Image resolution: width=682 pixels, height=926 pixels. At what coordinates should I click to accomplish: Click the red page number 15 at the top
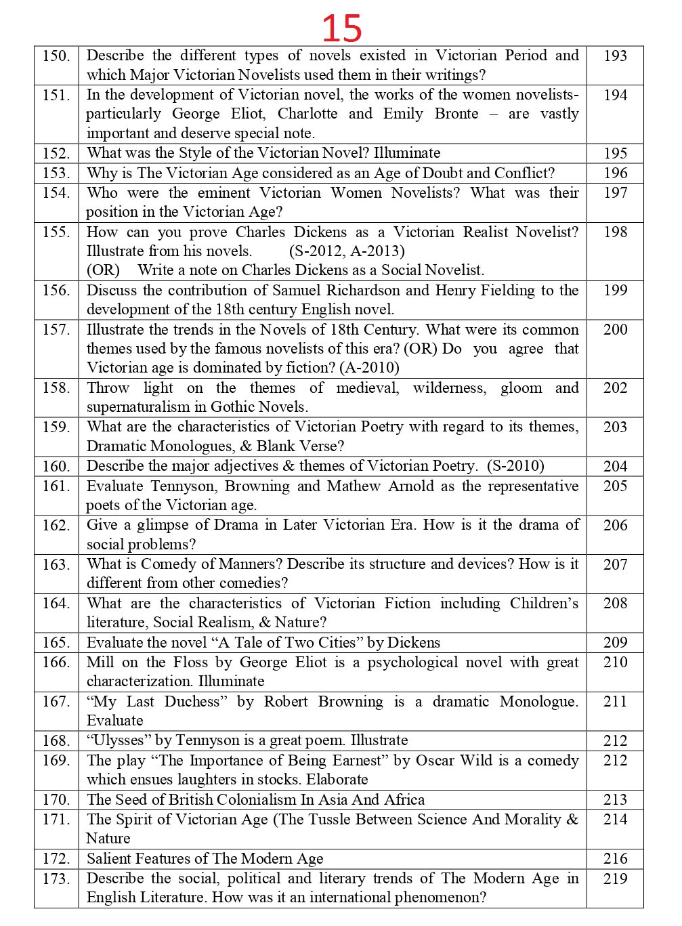pos(341,28)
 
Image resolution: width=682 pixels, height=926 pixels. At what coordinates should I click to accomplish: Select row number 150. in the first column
pos(56,56)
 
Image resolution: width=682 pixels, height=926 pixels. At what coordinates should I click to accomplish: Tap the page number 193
pos(615,56)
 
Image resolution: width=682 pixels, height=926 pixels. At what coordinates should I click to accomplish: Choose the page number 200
pos(615,330)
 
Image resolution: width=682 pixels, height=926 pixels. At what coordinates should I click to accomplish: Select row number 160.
pos(56,467)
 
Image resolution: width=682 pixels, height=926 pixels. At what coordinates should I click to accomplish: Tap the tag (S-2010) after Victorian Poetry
pos(515,466)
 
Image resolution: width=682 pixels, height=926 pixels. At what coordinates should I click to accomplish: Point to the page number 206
pos(615,526)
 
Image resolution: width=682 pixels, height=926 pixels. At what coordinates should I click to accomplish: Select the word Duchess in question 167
pos(196,702)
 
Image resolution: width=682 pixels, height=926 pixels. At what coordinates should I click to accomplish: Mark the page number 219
pos(615,879)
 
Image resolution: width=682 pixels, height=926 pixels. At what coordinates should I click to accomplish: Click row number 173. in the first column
pos(56,879)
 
